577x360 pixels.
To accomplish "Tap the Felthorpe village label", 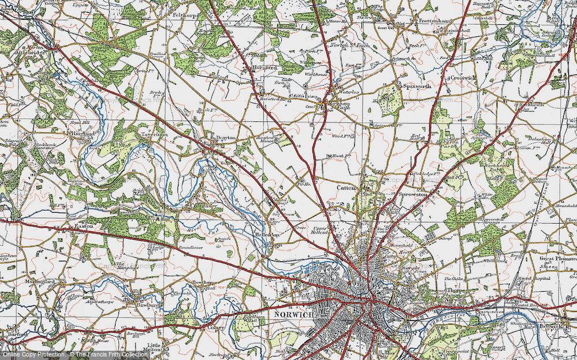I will coord(186,14).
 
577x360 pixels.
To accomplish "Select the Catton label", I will coord(346,187).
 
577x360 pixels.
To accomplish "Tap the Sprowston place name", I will coord(416,196).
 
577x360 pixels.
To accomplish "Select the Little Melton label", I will coord(154,347).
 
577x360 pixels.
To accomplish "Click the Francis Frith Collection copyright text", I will coord(110,354).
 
